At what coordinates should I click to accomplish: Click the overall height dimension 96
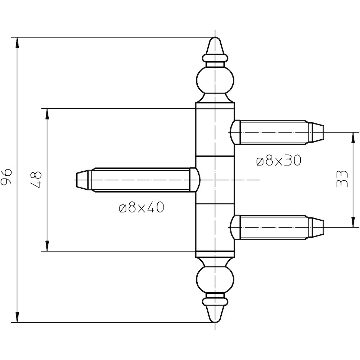click(6, 176)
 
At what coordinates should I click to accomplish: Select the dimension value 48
click(36, 180)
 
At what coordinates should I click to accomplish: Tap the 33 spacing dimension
click(341, 179)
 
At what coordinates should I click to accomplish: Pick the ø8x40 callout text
click(141, 208)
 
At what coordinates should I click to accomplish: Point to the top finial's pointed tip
click(215, 37)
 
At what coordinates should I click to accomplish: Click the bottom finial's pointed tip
click(215, 322)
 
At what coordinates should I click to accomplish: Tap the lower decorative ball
click(215, 279)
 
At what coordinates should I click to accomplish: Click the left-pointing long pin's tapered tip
click(76, 180)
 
